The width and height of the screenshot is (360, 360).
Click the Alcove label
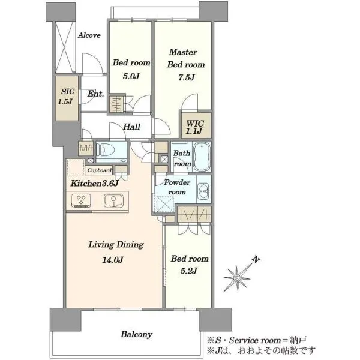coord(89,35)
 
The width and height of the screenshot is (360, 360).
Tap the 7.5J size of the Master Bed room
coord(187,77)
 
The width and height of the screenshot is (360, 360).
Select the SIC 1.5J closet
coord(67,98)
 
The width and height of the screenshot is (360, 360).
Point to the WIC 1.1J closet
coord(196,125)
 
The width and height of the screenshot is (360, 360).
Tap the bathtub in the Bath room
coord(202,157)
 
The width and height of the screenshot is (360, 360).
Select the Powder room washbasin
coord(203,191)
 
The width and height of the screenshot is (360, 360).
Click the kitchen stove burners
coord(81,200)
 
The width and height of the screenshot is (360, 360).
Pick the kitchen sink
coord(113,200)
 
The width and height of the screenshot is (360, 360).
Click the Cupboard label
coord(99,170)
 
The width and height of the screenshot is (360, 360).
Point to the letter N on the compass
coord(256,259)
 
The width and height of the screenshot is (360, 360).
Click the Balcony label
coord(136,334)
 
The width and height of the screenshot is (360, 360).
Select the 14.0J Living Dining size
coord(113,260)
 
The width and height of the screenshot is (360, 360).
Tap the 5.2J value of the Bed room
coord(188,271)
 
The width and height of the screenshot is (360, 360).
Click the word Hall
coord(131,127)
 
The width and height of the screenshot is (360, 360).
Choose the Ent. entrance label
coord(95,94)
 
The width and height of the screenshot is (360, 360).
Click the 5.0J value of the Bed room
coord(131,76)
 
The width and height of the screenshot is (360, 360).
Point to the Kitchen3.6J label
coord(94,183)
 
